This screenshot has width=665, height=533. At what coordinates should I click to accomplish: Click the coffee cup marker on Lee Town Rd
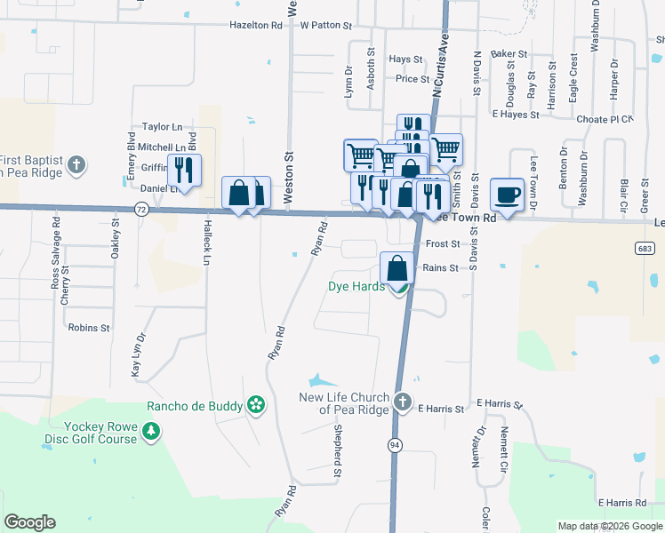click(507, 195)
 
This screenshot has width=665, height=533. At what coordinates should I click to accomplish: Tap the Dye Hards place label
click(357, 286)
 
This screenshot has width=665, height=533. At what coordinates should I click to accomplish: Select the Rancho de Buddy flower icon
click(256, 405)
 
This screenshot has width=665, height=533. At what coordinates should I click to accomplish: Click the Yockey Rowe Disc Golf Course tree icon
click(152, 432)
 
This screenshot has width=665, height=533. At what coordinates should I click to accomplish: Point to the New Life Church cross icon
click(403, 402)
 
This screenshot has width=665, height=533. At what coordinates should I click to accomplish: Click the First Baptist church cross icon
click(77, 164)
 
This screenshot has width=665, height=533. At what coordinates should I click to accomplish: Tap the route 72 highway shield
click(141, 209)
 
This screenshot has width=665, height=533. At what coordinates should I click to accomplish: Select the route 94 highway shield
click(392, 442)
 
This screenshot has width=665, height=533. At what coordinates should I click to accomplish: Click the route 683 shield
click(647, 245)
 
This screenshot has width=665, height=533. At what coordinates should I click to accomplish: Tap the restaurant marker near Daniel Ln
click(184, 169)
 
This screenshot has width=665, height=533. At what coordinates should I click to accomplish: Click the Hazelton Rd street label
click(255, 26)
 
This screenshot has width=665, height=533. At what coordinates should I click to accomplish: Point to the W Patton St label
click(327, 26)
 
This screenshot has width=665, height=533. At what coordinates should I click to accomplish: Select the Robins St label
click(88, 328)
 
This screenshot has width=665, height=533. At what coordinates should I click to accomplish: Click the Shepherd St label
click(338, 443)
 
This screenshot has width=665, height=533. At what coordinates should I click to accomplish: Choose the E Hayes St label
click(516, 115)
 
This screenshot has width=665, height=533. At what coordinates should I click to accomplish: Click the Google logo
click(30, 522)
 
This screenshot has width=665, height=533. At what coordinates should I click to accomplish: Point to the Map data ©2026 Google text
click(609, 526)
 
